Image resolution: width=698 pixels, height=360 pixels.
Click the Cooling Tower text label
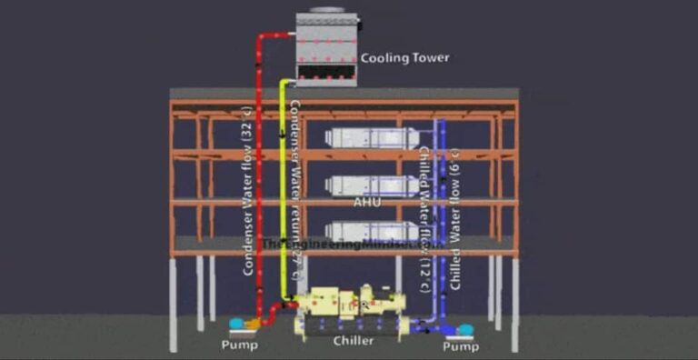[404, 58]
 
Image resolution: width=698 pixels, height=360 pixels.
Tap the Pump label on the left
[240, 345]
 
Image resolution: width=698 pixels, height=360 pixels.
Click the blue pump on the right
[464, 330]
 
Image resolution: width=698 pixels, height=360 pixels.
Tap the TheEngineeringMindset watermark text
[351, 245]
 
